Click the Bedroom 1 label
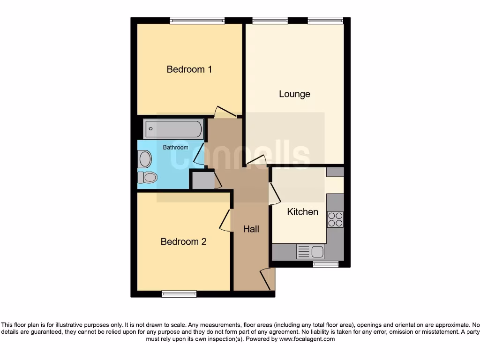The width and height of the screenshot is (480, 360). coord(189,69)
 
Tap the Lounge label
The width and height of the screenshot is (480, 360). coord(294,94)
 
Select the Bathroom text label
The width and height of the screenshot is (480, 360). coord(175,147)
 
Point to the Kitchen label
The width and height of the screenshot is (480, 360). coord(302,212)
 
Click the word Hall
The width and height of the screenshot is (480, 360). coord(251,229)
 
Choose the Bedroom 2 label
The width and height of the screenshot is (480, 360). coord(183,242)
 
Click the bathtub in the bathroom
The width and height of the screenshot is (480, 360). coord(173,128)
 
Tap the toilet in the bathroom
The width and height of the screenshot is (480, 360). coord(147,177)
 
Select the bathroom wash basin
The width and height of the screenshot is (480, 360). coord(145,159)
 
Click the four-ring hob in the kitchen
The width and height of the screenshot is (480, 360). coord(335,219)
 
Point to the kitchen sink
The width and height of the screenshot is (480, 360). coord(311,252)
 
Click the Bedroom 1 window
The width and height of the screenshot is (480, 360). coord(197,20)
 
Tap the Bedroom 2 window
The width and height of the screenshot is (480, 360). coord(179,294)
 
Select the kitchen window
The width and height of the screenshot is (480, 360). coord(326,264)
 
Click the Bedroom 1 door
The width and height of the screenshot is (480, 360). coord(224,112)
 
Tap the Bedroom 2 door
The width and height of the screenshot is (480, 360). coord(225,219)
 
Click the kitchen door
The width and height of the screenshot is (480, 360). coord(273,194)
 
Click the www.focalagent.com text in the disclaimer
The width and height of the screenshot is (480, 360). coord(307,339)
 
